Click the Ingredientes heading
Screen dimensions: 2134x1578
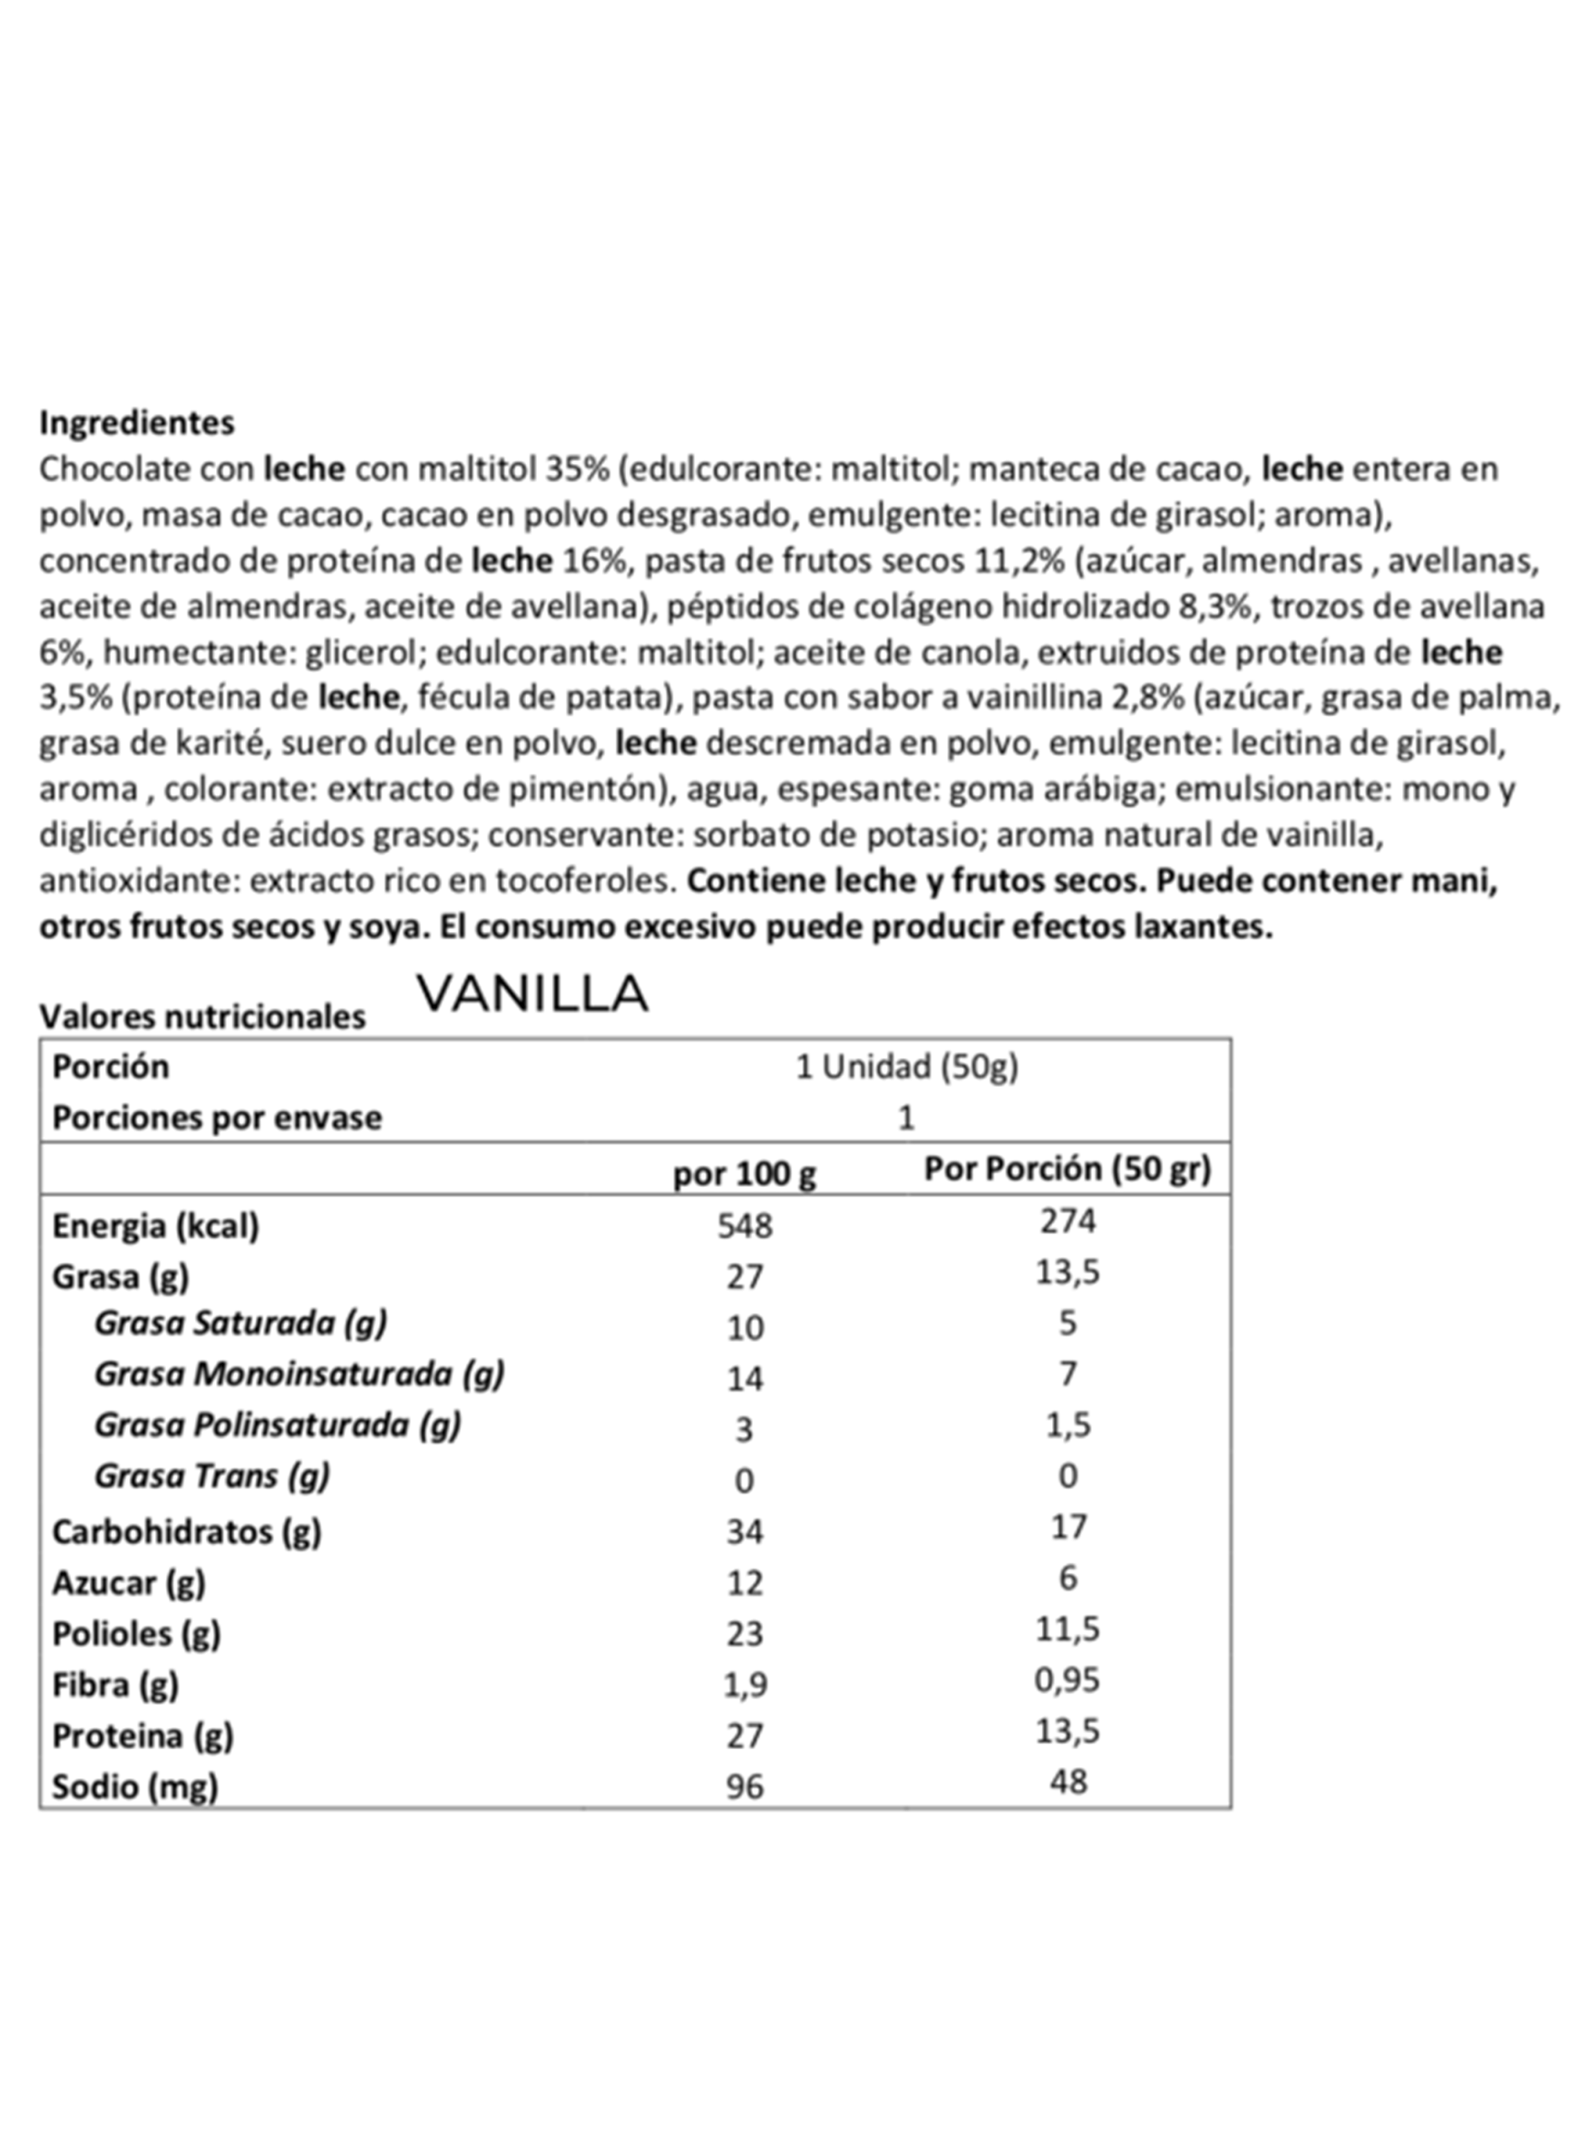pos(137,422)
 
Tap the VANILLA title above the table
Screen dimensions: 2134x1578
pos(533,994)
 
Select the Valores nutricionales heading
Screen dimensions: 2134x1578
pos(202,1016)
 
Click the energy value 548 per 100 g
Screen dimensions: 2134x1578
pos(744,1225)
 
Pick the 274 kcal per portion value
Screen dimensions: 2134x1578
pos(1067,1220)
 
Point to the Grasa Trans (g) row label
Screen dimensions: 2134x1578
pos(212,1475)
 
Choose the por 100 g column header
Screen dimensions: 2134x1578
pos(744,1173)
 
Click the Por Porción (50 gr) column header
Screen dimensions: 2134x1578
pos(1067,1168)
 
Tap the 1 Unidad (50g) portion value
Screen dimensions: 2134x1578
pos(906,1066)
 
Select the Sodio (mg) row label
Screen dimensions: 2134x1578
pos(135,1786)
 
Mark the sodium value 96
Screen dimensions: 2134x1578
pos(744,1786)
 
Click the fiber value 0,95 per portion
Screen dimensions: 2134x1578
pos(1067,1680)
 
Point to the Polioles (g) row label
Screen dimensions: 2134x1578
pos(136,1634)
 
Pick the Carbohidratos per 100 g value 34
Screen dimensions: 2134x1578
pos(744,1531)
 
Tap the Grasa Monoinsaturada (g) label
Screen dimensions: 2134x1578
pos(299,1374)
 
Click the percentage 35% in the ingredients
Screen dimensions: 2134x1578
pos(577,469)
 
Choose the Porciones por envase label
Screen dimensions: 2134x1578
pos(217,1118)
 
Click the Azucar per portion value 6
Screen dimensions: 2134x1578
pos(1067,1578)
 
